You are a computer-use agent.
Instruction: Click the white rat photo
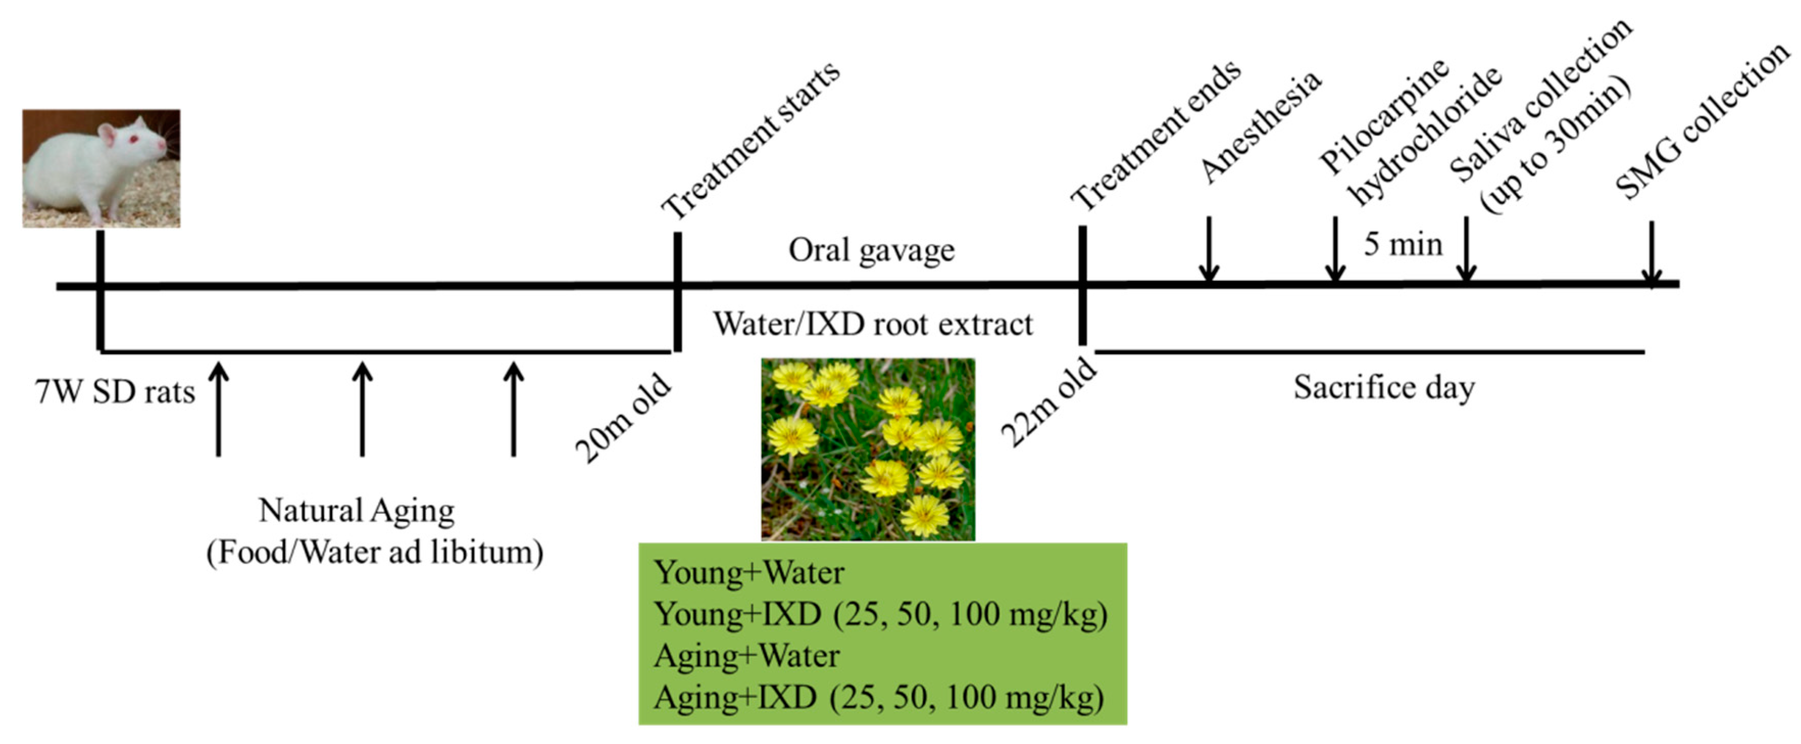click(x=102, y=168)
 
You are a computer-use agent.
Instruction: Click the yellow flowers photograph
click(x=868, y=449)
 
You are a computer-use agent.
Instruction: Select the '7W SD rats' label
click(x=115, y=392)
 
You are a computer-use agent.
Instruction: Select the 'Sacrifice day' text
click(x=1384, y=387)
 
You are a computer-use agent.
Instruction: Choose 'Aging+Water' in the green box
click(x=747, y=656)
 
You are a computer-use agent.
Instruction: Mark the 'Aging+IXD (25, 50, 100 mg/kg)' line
click(x=879, y=697)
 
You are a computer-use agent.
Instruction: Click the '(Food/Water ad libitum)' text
click(x=375, y=553)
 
